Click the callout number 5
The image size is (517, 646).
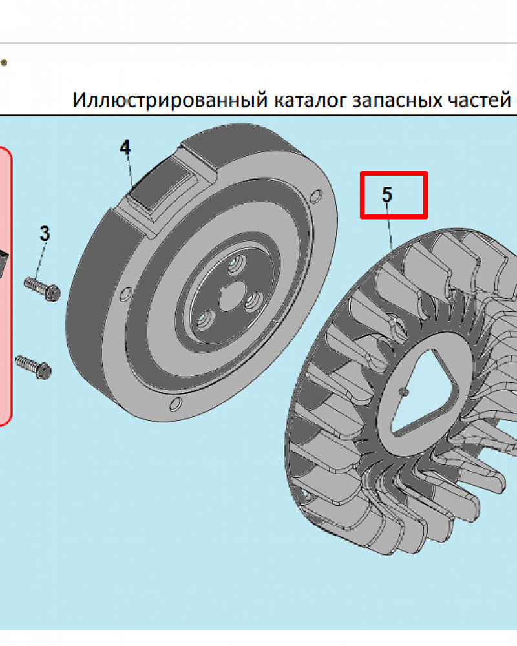coord(386,194)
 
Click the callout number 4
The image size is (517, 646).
coord(125,147)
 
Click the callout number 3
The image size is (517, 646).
coord(45,233)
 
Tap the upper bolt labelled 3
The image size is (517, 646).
coord(43,288)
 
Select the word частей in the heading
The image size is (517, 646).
coord(482,100)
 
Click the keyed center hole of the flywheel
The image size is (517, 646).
coord(229,300)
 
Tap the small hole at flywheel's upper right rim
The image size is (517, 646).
coord(315,195)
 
